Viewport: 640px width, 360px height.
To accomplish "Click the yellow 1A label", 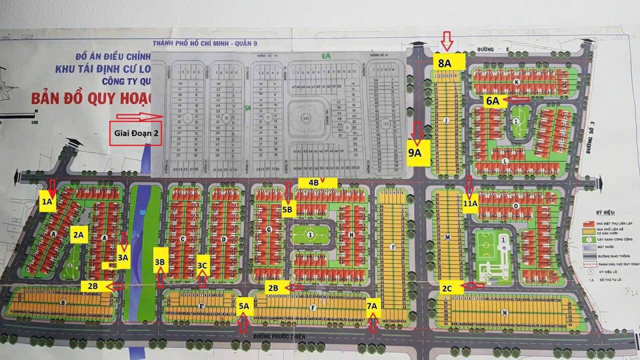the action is coord(47,202).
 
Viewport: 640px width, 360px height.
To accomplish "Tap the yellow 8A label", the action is coord(444,63).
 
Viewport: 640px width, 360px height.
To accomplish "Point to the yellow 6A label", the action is coord(493,100).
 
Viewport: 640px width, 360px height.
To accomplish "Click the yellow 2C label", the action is coord(446,288).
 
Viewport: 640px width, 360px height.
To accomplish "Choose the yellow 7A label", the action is coord(372,305).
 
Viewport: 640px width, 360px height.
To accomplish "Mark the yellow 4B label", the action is coord(313,182).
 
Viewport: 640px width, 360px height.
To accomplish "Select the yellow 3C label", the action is coord(202,265).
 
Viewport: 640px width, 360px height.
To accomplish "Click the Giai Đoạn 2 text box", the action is coord(135,134).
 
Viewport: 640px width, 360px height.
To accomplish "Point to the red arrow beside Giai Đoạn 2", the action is coord(139,117).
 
